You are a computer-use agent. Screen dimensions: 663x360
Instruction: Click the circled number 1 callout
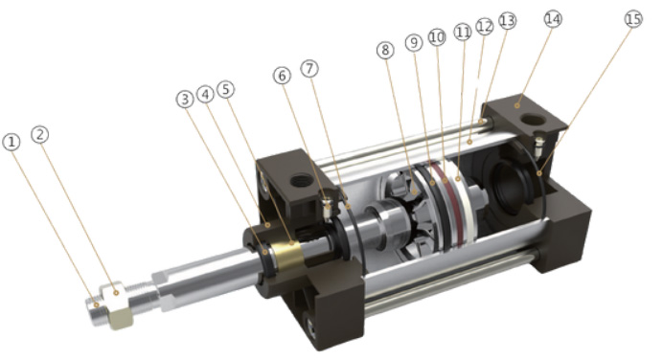click(11, 142)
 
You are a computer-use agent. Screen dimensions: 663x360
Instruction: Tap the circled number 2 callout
click(40, 135)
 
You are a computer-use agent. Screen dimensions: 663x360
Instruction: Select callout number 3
click(185, 100)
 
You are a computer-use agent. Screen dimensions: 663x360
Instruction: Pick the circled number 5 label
click(226, 90)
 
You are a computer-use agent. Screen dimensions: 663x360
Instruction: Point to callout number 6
click(282, 76)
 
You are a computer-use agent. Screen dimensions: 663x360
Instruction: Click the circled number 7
click(309, 68)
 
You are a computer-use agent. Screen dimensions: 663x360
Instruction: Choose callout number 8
click(385, 51)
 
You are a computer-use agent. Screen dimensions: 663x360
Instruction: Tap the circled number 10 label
click(437, 37)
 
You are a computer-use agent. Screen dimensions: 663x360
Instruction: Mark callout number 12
click(485, 27)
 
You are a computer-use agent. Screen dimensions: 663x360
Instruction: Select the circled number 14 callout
click(553, 19)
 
